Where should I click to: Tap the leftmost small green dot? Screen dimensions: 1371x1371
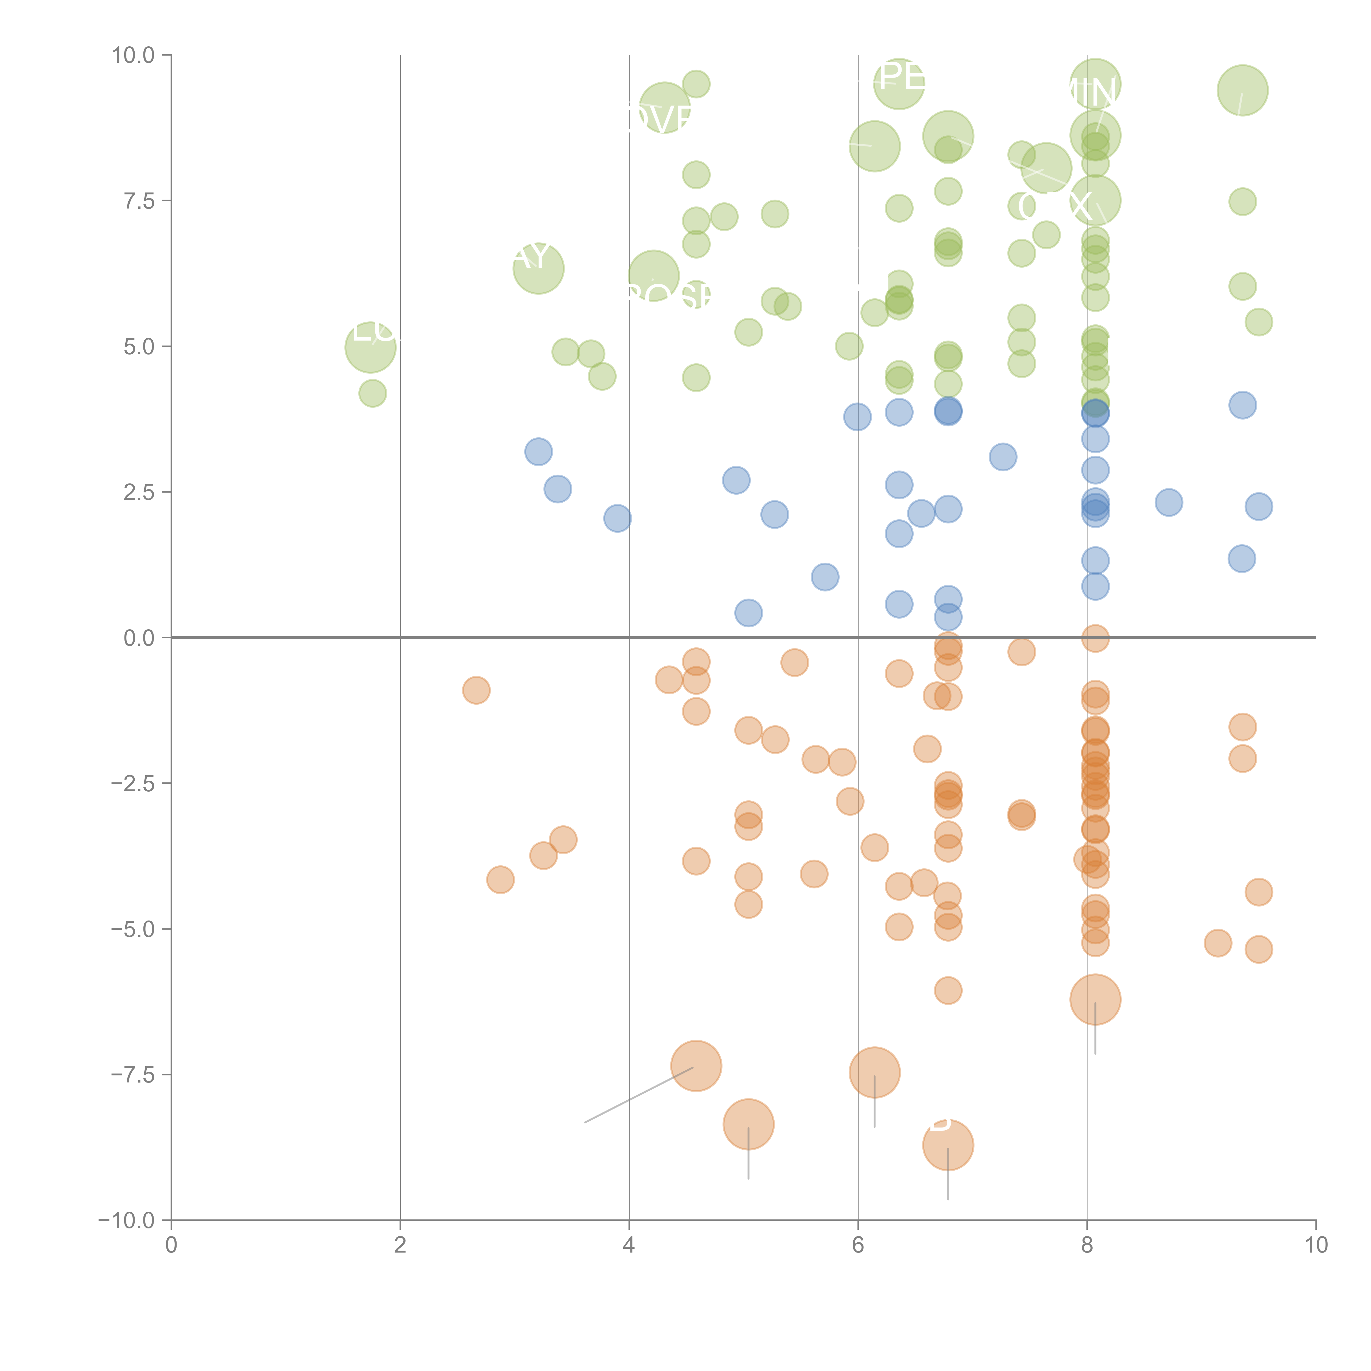click(x=373, y=393)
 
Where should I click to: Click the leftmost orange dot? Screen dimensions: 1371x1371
click(x=476, y=690)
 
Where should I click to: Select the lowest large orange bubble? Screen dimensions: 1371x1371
click(x=948, y=1145)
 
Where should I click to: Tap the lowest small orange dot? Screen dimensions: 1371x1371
click(x=948, y=991)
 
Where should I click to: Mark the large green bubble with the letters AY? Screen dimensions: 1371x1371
click(x=539, y=268)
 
